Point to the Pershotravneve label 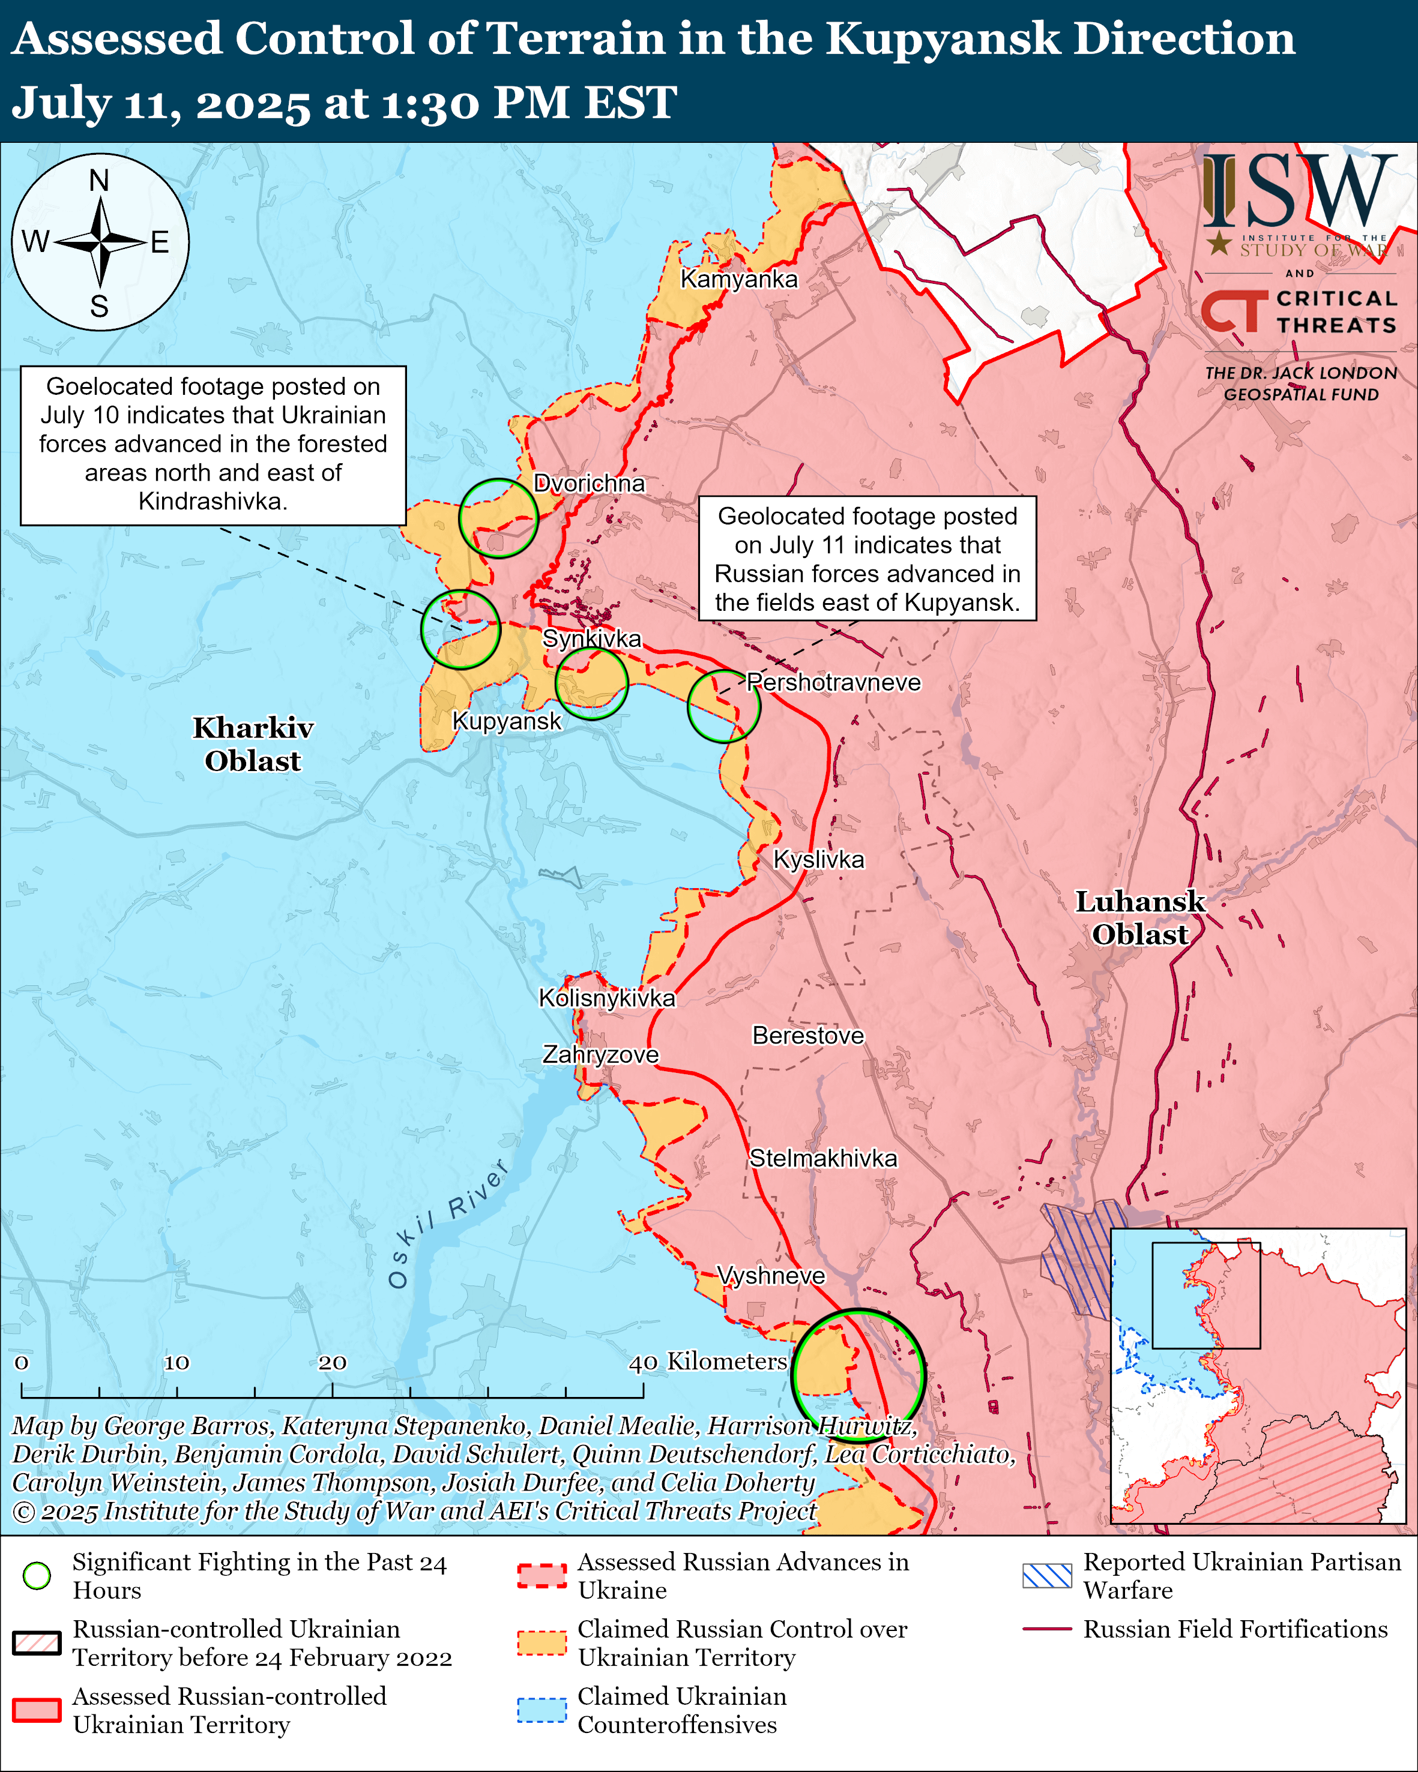(x=833, y=682)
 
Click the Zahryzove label (x=600, y=1054)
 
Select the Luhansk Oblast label (x=1139, y=918)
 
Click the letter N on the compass (x=100, y=180)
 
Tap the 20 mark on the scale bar (x=332, y=1362)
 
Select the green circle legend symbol (x=37, y=1576)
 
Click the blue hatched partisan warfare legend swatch (x=1046, y=1576)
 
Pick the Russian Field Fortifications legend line (x=1046, y=1628)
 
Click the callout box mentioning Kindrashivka (x=213, y=445)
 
